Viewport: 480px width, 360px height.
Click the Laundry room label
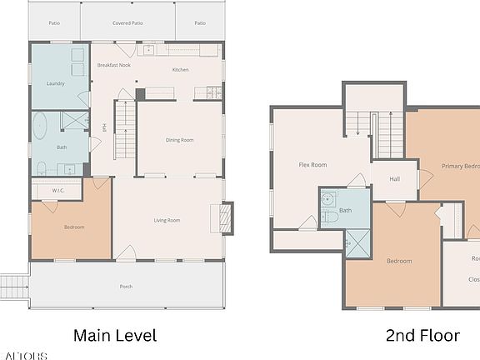pos(57,83)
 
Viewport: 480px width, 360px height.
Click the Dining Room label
pos(180,140)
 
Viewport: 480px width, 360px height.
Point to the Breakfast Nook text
pos(113,65)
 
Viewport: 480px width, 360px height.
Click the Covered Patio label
pos(129,23)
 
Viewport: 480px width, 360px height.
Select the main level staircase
pos(123,130)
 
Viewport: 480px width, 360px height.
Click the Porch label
pos(126,287)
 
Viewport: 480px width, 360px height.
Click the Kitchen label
pos(182,70)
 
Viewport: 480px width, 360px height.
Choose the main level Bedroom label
pos(74,227)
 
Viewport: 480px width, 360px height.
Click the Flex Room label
pos(312,165)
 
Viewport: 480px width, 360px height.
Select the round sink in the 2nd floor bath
pos(327,198)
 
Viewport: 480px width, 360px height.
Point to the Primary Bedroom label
pos(460,166)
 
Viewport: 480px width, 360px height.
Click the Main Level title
pos(115,336)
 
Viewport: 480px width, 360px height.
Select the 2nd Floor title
pos(422,336)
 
